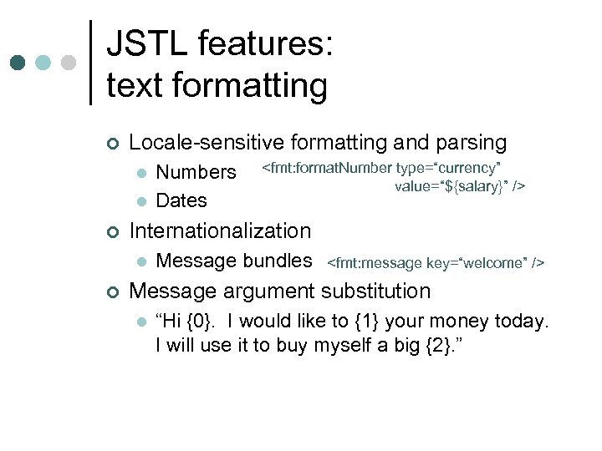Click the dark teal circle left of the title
point(18,63)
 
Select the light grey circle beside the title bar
point(69,63)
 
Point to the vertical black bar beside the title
point(90,63)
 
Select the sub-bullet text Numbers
point(196,172)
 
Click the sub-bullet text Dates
point(181,200)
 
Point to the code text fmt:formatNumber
point(329,168)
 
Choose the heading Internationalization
point(220,231)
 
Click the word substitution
point(376,291)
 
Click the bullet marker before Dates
point(140,201)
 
